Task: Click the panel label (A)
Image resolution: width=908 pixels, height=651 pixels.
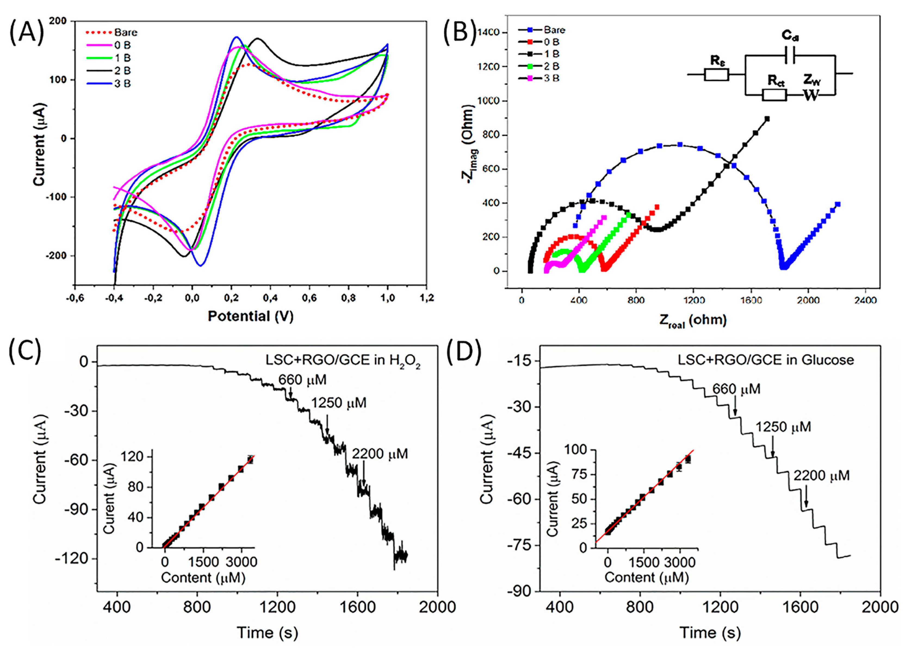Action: pos(26,32)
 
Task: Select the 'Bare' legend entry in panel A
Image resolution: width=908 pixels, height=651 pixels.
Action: pos(125,32)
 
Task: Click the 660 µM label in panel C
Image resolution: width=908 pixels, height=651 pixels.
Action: pos(302,379)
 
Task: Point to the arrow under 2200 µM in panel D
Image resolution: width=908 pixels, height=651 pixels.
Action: pos(806,498)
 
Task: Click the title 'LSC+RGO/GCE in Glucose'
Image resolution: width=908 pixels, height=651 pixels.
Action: pos(766,360)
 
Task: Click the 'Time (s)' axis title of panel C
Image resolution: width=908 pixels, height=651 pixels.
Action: pos(267,632)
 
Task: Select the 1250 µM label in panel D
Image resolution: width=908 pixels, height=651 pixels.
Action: pos(783,427)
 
